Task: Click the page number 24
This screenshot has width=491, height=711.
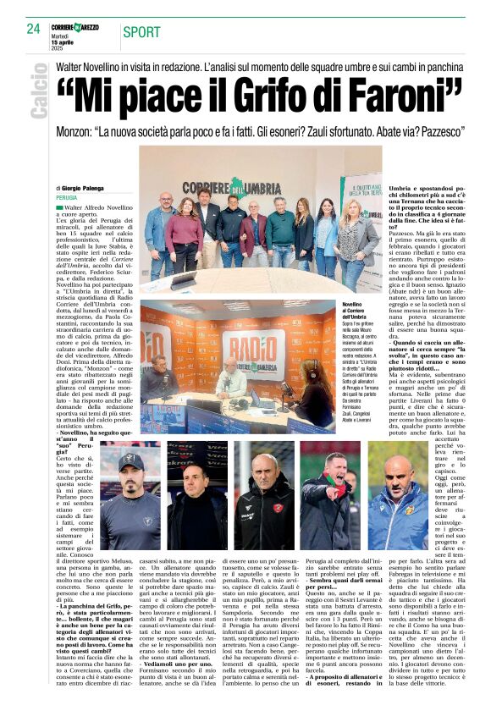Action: tap(34, 29)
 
